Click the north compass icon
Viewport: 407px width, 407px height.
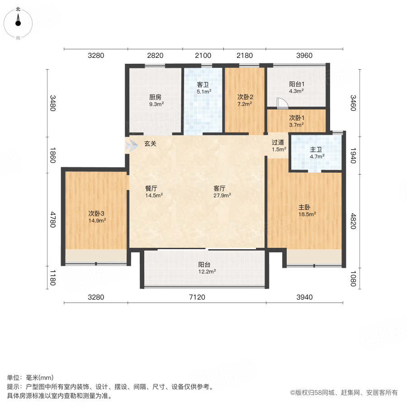pos(18,21)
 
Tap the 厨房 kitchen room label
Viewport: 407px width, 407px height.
pos(156,97)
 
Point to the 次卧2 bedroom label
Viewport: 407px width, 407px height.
pos(245,97)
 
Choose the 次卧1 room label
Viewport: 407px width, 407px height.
pos(297,118)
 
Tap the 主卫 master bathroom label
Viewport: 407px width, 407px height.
pos(317,150)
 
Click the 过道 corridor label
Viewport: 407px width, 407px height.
pos(278,142)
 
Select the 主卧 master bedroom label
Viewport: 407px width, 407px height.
pos(304,207)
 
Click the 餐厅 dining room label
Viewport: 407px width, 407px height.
pos(151,189)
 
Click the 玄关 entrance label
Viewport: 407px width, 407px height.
pos(151,144)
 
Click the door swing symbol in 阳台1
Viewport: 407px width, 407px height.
pos(282,104)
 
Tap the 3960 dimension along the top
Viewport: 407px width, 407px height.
pos(304,56)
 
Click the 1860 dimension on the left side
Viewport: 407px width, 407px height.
pos(53,155)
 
